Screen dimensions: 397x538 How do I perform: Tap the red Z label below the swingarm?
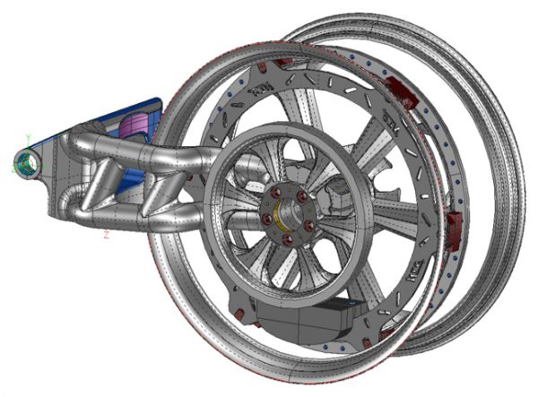point(106,235)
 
